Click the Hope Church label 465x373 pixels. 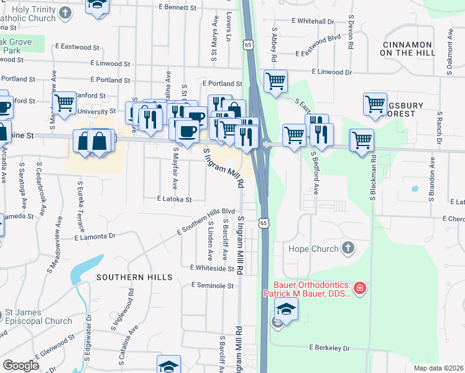[x=313, y=249]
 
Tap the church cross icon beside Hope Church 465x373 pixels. [x=348, y=248]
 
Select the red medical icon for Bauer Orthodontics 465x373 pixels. [x=359, y=288]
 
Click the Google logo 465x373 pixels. [x=20, y=366]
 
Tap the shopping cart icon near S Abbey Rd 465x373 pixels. [x=275, y=81]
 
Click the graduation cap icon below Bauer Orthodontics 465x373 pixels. [x=286, y=308]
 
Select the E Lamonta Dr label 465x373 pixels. [x=94, y=236]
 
